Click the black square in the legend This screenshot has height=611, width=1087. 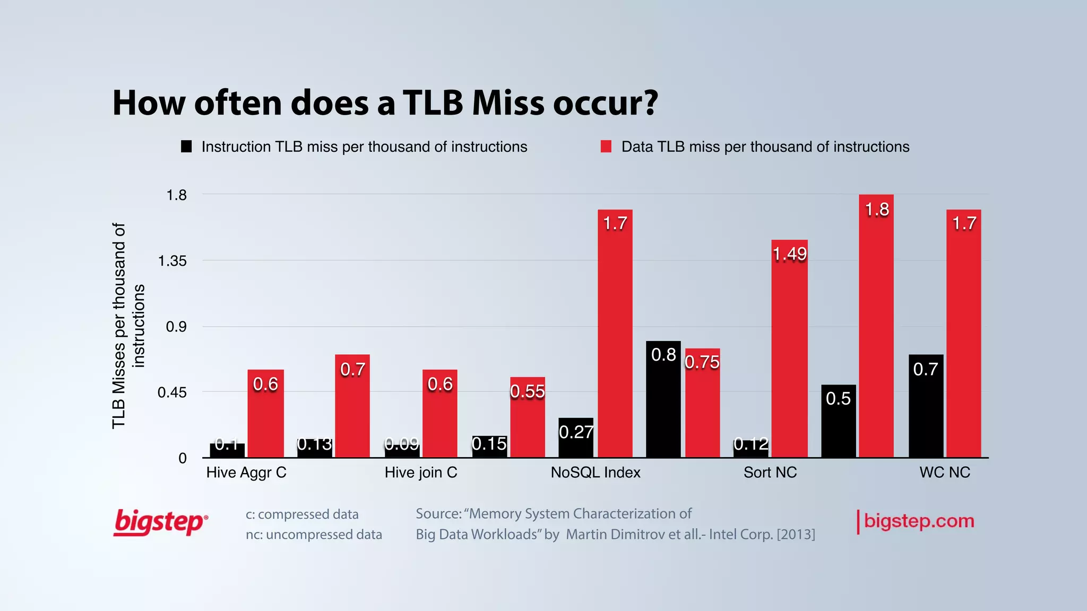coord(186,146)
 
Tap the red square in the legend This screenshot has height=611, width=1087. coord(606,146)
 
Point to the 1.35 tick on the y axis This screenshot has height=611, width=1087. coord(172,261)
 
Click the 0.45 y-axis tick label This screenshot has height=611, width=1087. coord(172,392)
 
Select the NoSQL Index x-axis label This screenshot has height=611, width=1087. coord(596,473)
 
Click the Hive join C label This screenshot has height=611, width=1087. coord(421,473)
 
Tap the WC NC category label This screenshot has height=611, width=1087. coord(945,473)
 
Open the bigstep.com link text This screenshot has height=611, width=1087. coord(919,521)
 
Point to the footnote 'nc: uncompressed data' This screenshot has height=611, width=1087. coord(314,535)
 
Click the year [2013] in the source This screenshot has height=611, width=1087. coord(796,534)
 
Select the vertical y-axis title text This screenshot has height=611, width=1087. coord(128,326)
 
